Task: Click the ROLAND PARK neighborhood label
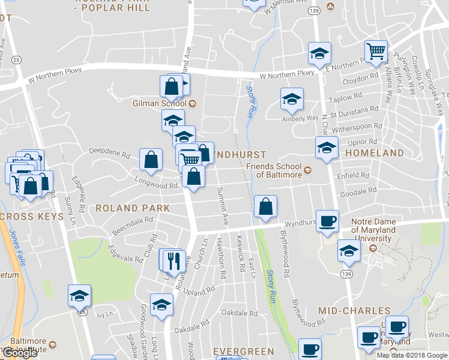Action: (132, 208)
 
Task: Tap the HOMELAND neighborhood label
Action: (375, 154)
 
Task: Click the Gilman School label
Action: (159, 103)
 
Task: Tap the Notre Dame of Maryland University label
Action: (373, 230)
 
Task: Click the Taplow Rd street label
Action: (349, 96)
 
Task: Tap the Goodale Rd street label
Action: (358, 191)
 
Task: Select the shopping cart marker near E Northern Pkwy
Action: (376, 52)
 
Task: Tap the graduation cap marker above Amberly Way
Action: (292, 100)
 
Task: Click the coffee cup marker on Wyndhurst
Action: (327, 221)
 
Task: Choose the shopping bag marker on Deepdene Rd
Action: (151, 160)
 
